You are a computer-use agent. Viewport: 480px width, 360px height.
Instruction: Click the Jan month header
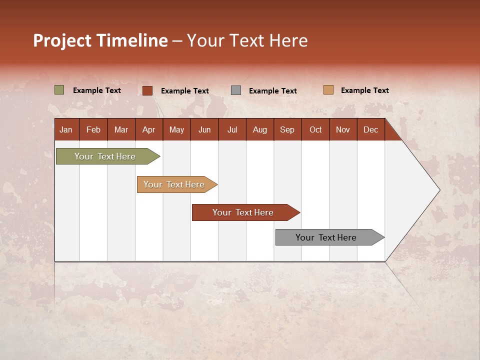click(66, 129)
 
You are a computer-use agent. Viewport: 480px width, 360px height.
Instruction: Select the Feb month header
click(93, 129)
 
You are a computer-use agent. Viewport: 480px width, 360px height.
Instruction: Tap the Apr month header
click(148, 129)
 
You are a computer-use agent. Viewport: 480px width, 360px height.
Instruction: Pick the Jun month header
click(204, 129)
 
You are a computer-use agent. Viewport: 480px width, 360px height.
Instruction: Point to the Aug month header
click(259, 129)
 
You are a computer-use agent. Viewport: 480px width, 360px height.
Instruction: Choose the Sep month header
click(287, 129)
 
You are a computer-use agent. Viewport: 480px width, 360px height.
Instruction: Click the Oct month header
click(315, 129)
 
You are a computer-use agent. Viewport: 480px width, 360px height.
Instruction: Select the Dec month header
click(370, 129)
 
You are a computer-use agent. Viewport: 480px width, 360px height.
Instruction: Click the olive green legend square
click(59, 90)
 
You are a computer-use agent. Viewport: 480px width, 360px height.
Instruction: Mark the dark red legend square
click(147, 90)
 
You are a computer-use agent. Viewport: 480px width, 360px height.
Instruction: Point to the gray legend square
click(236, 90)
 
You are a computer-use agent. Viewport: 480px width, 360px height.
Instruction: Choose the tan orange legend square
click(328, 90)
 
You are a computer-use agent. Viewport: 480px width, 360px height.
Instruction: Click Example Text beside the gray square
click(273, 91)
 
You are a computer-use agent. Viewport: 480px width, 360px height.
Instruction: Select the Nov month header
click(343, 129)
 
